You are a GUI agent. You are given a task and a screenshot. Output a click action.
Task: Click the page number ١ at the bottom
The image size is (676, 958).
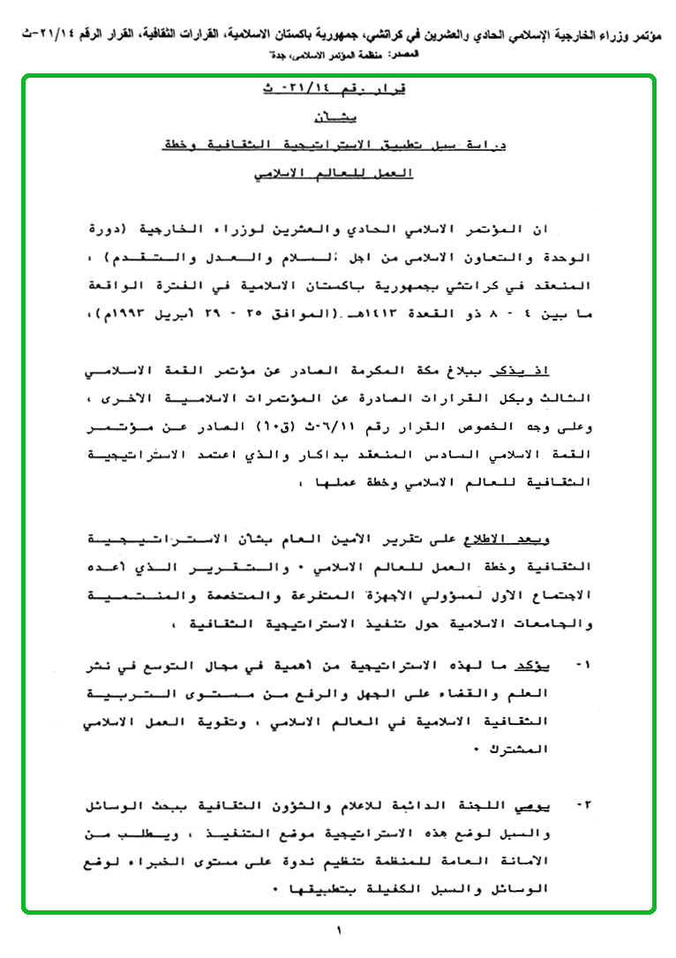point(338,930)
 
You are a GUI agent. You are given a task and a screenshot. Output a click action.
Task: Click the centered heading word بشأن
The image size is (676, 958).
point(337,117)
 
